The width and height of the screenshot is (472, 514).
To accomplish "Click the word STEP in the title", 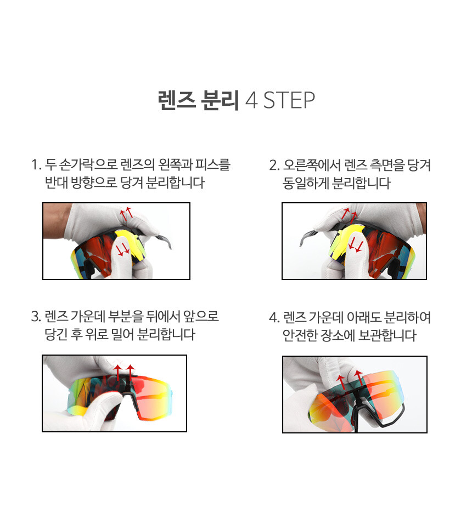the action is click(x=289, y=100).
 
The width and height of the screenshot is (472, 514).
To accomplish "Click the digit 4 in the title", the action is click(x=251, y=100).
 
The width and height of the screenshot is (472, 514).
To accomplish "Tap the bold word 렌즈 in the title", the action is click(x=177, y=100).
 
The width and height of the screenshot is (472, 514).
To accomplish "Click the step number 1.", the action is click(x=36, y=164).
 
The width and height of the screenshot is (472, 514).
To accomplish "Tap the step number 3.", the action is click(x=36, y=317).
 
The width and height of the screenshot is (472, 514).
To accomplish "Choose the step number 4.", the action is click(x=274, y=317).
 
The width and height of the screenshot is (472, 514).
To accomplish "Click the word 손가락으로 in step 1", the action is click(x=88, y=164).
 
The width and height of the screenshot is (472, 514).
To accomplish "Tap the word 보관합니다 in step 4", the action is click(x=387, y=335).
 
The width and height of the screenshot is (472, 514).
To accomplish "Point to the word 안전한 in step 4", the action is click(x=300, y=335).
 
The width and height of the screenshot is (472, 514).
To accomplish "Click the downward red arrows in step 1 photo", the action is click(x=123, y=250).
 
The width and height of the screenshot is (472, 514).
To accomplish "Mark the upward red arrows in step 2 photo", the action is click(x=349, y=214).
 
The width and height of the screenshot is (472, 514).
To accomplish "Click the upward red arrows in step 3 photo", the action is click(x=123, y=373).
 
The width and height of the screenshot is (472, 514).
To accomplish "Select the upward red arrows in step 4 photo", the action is click(x=350, y=380).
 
